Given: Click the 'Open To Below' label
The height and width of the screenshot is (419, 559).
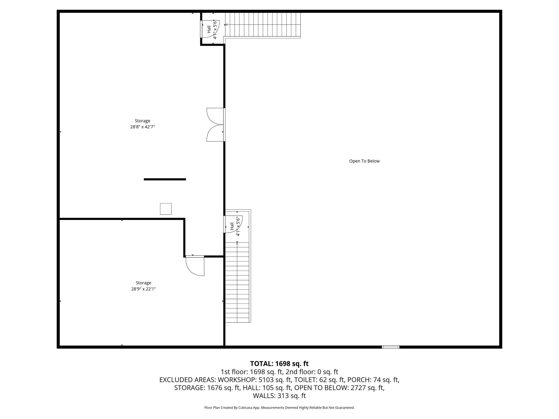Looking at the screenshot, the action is (x=364, y=161).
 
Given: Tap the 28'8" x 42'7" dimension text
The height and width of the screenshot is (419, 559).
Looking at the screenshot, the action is (x=143, y=127).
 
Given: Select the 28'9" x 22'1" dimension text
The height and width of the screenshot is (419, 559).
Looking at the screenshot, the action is (x=143, y=289).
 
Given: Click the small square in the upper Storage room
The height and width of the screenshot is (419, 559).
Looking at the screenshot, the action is (x=166, y=209).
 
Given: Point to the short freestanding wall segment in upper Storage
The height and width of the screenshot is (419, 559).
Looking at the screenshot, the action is (x=165, y=179).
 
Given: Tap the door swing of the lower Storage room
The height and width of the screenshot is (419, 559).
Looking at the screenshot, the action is (x=195, y=266).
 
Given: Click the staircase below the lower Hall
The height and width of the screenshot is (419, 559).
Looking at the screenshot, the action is (x=237, y=282).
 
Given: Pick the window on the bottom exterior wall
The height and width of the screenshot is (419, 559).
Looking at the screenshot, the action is (x=390, y=347).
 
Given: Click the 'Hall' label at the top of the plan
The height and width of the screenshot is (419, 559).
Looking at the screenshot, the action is (x=209, y=29).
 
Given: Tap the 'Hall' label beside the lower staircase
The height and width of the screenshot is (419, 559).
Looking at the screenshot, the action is (x=232, y=226).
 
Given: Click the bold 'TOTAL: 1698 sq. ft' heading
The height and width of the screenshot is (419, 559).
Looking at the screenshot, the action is (x=279, y=364).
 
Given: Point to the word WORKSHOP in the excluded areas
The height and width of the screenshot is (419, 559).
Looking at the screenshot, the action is (x=236, y=380).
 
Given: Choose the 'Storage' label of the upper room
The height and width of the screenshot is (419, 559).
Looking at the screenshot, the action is (x=143, y=121).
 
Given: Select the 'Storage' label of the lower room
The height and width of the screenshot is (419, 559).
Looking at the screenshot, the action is (x=143, y=283).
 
